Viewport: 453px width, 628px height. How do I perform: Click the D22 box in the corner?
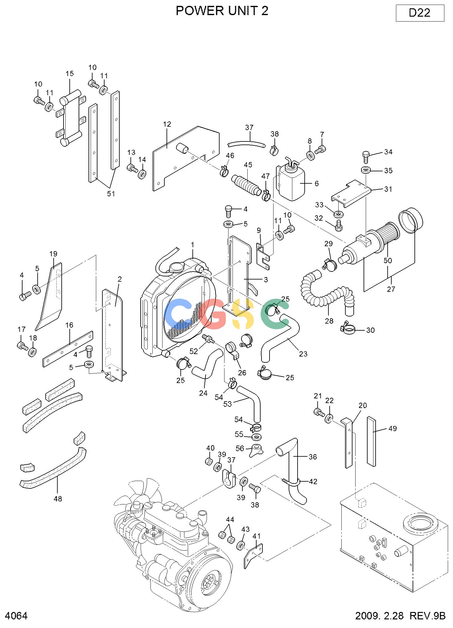point(420,13)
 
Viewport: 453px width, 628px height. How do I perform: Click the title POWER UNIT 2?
point(222,11)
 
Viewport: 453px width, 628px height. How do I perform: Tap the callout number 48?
point(58,498)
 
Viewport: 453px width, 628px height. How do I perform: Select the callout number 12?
point(167,124)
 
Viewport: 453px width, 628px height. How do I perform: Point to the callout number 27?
point(391,289)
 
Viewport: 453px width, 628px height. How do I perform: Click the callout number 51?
point(111,194)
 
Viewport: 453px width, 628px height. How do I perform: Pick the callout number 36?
point(313,457)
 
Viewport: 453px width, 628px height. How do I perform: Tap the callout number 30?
point(370,330)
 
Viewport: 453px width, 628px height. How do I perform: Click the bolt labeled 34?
point(366,157)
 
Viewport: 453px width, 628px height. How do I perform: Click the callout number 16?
point(69,325)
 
